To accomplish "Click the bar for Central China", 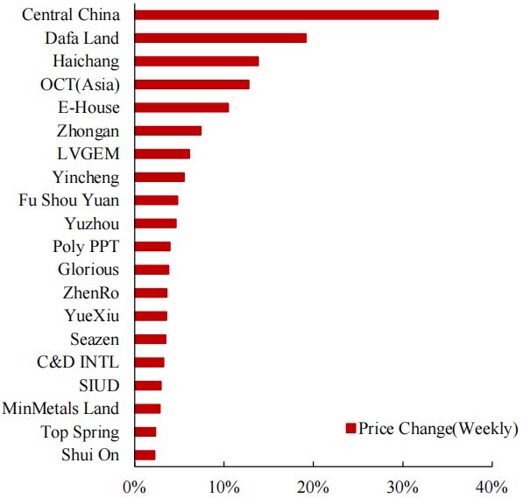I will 286,15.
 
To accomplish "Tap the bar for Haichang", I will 197,61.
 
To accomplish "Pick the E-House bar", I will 182,107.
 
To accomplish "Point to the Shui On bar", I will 145,454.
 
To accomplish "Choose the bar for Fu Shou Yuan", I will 157,200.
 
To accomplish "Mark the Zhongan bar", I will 168,130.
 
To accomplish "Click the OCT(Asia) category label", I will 80,84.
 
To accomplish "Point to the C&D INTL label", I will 80,361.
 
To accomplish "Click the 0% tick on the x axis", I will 134,486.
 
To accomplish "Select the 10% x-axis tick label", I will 224,486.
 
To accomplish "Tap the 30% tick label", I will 403,486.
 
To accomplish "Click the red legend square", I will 350,429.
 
